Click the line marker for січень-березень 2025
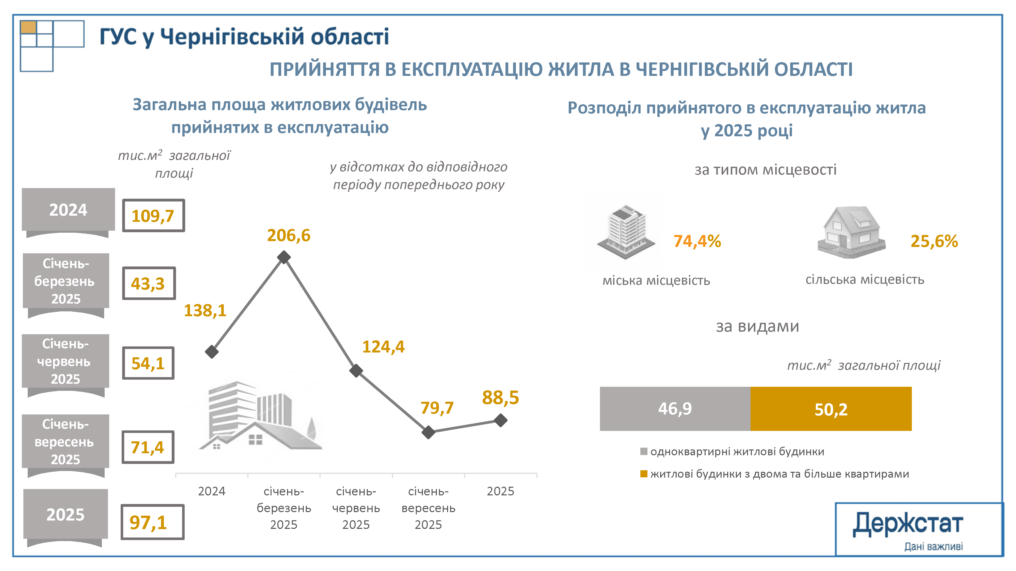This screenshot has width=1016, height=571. coord(283,257)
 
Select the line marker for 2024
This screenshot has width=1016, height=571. coord(212,351)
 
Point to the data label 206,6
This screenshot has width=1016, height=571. coord(289,235)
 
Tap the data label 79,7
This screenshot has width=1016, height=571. coord(437,408)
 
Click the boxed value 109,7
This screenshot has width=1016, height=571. coord(153,215)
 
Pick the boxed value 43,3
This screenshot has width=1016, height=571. coord(149,283)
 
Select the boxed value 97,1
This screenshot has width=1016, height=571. coord(152,522)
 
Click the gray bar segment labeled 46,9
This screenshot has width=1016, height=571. coord(675,409)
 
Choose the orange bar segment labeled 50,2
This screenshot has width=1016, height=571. coord(831,409)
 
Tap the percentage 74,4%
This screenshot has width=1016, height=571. coord(697,241)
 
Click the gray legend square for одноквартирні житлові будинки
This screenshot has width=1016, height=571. coord(644,451)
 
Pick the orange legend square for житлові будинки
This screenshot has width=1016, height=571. coord(644,474)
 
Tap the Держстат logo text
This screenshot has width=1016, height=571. coord(908,524)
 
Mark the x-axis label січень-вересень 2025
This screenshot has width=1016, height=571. coord(428,508)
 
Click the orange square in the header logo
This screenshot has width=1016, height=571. coord(28,27)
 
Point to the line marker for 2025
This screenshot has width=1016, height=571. coord(500,420)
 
